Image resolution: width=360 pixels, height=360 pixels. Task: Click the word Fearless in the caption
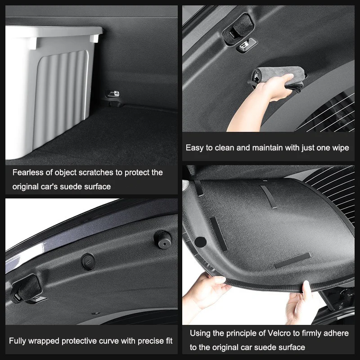pyautogui.click(x=28, y=172)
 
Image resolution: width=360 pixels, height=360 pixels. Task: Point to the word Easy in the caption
pyautogui.click(x=195, y=148)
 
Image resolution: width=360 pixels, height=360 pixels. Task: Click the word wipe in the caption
pyautogui.click(x=340, y=148)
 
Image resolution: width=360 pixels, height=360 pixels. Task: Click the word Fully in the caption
pyautogui.click(x=18, y=341)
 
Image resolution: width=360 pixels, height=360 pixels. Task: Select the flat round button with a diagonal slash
pyautogui.click(x=88, y=261)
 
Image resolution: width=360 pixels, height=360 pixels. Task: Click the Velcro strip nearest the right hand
pyautogui.click(x=292, y=260)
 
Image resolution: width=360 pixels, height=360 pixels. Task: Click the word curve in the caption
pyautogui.click(x=108, y=341)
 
